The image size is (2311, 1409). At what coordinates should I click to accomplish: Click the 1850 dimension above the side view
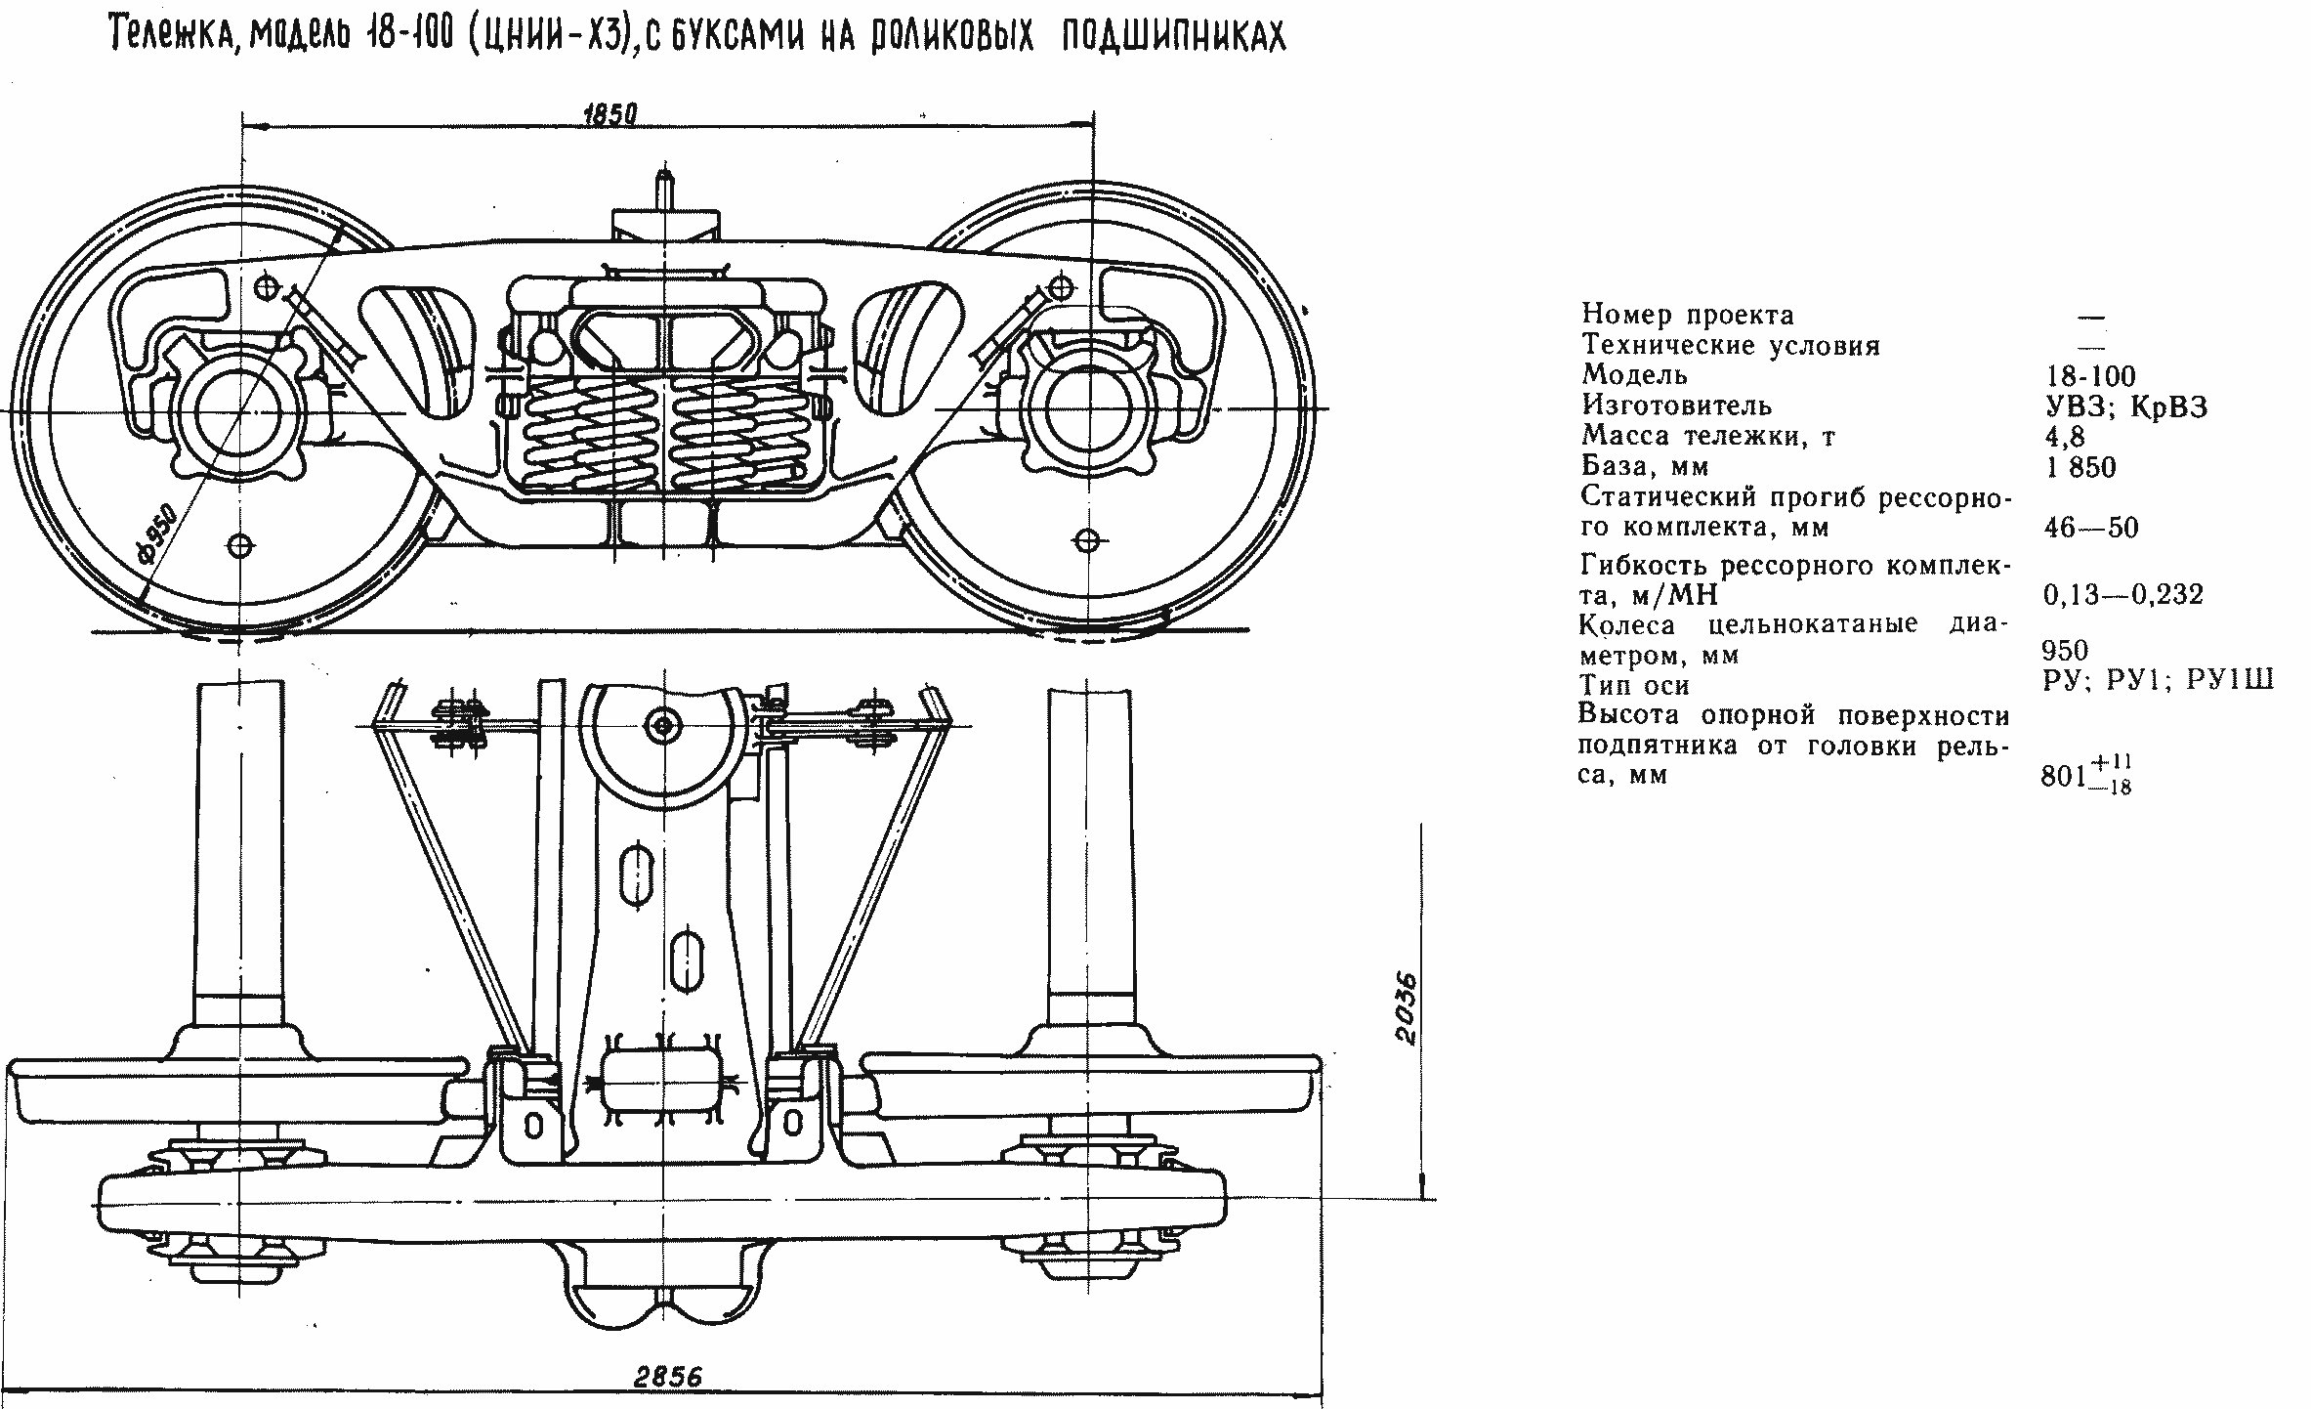coord(609,115)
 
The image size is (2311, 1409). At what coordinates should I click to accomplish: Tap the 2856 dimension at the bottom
coord(667,1377)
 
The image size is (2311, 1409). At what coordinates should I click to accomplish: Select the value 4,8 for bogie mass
coord(2064,436)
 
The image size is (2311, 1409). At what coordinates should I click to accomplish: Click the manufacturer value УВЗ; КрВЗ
coord(2125,406)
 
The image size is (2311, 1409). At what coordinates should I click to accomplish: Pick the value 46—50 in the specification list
coord(2090,529)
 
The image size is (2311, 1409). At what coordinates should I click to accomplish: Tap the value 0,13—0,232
coord(2122,594)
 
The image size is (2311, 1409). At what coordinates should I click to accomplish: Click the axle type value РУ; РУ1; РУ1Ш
coord(2157,679)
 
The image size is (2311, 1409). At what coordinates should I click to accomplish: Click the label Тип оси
coord(1634,685)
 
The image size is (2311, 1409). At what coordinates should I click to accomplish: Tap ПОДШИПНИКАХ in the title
coord(1172,36)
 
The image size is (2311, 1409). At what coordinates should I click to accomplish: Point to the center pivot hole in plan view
coord(663,725)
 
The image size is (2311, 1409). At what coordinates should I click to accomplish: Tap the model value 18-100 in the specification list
coord(2090,375)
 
